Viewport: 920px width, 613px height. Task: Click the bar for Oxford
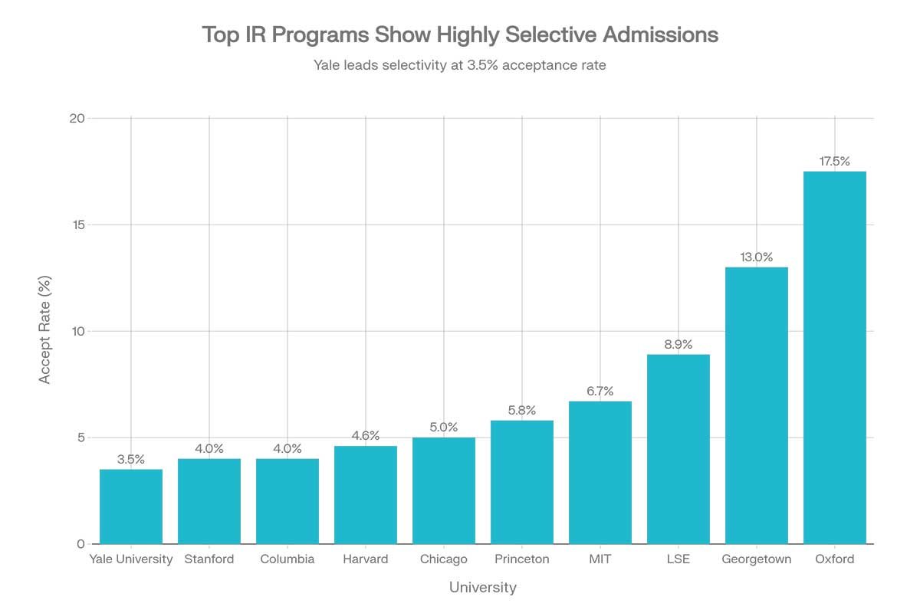(x=834, y=358)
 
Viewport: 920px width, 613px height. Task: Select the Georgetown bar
(x=756, y=405)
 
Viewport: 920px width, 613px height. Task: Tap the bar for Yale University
(x=131, y=506)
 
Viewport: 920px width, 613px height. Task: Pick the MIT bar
(x=600, y=473)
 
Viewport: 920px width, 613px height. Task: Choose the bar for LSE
(x=678, y=449)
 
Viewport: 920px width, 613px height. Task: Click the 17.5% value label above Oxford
(x=834, y=162)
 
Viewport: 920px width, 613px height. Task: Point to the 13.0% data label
(x=756, y=257)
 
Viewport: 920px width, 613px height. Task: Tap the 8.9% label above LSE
(x=678, y=345)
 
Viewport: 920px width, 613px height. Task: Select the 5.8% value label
(x=522, y=411)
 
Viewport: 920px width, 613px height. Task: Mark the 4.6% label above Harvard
(x=366, y=437)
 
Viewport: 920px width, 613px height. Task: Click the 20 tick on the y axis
(x=76, y=118)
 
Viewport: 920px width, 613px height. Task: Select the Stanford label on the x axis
(x=209, y=559)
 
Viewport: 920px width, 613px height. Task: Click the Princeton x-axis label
(x=522, y=559)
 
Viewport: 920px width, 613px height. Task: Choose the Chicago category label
(x=444, y=559)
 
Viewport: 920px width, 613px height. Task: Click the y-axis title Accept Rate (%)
(x=45, y=331)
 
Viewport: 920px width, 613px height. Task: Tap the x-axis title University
(x=483, y=588)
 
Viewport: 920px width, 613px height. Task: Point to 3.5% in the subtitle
(x=484, y=65)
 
